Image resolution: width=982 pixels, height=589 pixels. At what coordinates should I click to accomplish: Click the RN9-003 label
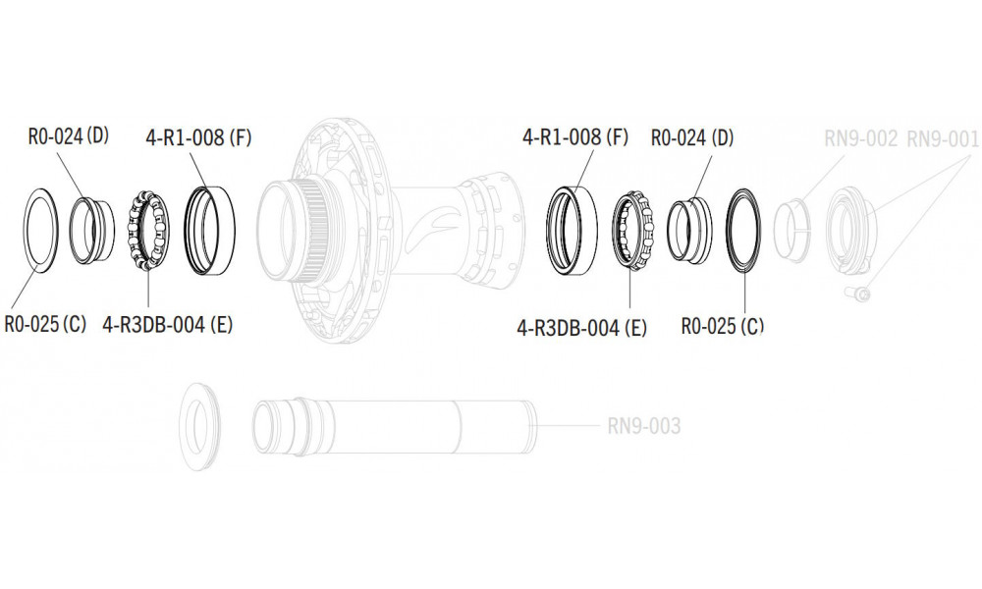click(644, 426)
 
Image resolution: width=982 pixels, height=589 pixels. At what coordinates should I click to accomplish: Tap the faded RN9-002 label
click(860, 138)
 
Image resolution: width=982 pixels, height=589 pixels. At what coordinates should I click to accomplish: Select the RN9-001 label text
click(943, 139)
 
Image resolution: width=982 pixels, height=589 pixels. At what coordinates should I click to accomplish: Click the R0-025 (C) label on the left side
click(45, 324)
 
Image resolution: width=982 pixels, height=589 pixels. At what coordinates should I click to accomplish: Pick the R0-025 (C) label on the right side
click(722, 326)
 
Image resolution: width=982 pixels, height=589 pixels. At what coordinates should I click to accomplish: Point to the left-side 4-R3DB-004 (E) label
click(167, 324)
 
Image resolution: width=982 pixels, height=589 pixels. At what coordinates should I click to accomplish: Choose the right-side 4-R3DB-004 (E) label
click(581, 327)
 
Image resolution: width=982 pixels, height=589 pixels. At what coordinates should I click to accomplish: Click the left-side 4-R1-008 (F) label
click(198, 137)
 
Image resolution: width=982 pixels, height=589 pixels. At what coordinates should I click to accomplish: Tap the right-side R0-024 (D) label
click(692, 137)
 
